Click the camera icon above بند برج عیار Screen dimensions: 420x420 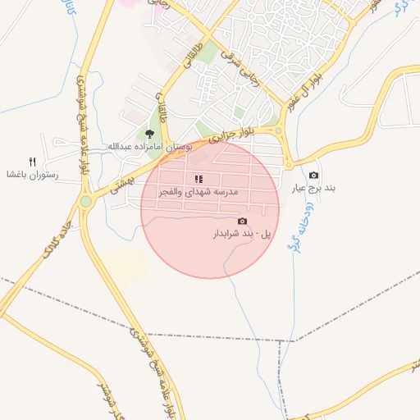pos(313,176)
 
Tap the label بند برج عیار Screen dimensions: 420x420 pos(313,188)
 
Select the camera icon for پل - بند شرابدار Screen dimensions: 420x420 pos(242,221)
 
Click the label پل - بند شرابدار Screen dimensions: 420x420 pos(242,235)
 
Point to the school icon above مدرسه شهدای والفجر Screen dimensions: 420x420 pos(199,178)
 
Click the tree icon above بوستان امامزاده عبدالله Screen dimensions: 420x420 pos(149,134)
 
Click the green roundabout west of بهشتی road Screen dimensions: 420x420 pos(86,201)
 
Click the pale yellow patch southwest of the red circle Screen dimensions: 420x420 pos(123,262)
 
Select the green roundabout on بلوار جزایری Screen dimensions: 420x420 pos(279,130)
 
